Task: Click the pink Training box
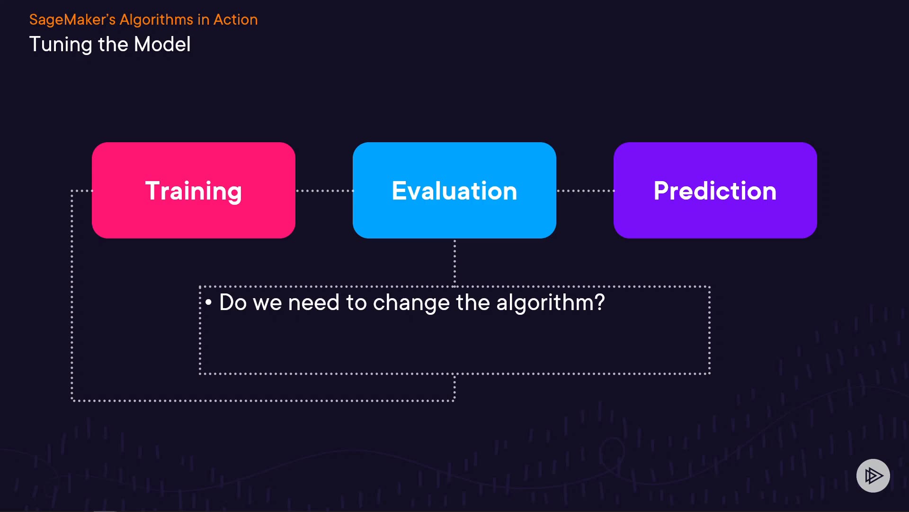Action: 194,190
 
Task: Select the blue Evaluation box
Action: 454,190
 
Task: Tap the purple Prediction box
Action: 715,190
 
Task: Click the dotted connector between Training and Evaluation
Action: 324,191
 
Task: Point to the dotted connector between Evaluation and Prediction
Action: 585,191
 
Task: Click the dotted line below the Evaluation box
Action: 454,263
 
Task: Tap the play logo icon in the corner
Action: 873,475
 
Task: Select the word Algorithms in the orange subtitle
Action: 156,20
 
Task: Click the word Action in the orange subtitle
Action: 236,20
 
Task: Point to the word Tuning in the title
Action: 61,45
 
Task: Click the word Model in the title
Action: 162,44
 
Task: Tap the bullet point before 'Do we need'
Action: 208,302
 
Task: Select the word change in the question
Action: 411,303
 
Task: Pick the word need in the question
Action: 313,302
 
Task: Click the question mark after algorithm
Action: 600,302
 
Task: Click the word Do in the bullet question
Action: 233,302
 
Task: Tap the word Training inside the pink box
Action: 194,191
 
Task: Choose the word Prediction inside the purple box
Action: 715,191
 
